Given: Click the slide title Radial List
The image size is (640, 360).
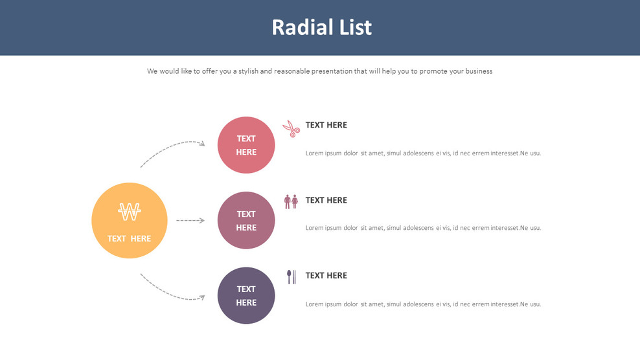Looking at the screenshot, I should tap(321, 27).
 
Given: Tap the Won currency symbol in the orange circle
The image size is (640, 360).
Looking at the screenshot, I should tap(130, 211).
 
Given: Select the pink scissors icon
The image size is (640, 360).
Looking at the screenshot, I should tap(291, 128).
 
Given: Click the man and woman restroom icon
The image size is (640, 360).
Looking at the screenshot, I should tap(291, 201).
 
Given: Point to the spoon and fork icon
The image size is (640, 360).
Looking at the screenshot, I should tap(291, 276).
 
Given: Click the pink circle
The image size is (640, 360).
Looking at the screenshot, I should tap(246, 145).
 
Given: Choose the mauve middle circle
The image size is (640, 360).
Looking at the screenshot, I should tap(246, 220).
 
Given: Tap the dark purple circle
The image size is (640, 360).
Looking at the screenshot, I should tap(246, 295).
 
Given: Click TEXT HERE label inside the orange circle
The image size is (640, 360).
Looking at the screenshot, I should tap(129, 238).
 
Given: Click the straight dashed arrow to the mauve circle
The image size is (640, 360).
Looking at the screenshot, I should tap(190, 220).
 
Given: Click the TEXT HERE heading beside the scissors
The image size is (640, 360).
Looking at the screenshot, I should tap(326, 125).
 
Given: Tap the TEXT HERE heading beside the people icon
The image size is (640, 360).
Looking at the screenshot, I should tap(326, 200).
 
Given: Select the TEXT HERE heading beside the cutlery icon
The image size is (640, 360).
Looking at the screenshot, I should tap(326, 275).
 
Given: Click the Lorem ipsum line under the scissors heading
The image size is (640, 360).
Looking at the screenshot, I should tap(422, 153).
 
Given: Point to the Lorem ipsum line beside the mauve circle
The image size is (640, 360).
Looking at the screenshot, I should tap(422, 228).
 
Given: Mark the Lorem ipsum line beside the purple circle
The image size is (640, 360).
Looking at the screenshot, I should tap(422, 304).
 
